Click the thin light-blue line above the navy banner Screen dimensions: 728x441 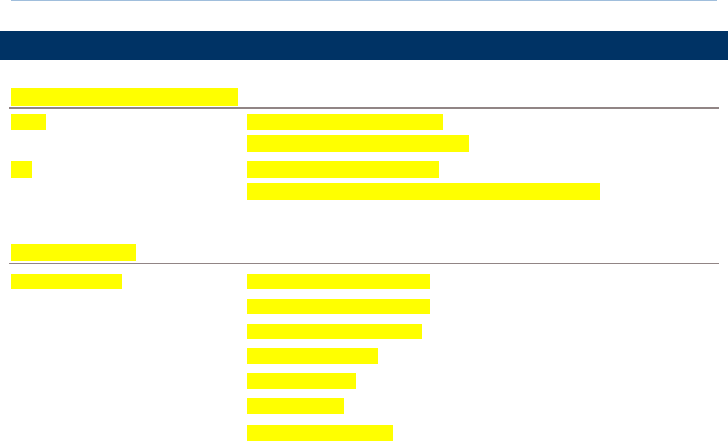[364, 2]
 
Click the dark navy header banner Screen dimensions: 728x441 [364, 45]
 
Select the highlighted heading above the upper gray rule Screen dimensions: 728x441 [124, 96]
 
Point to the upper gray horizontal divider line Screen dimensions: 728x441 [364, 108]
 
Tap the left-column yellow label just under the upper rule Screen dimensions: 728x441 [28, 121]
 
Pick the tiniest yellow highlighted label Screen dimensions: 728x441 [21, 170]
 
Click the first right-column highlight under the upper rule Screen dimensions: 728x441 [344, 121]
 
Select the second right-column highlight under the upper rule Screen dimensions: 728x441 [357, 143]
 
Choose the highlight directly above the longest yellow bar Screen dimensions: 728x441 [343, 170]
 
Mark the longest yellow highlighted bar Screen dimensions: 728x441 [423, 191]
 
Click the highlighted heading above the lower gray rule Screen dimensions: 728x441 [73, 252]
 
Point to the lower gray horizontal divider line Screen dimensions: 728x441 [364, 264]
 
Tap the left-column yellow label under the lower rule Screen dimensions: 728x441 [66, 281]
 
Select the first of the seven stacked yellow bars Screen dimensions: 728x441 [338, 282]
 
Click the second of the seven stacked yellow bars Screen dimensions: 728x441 [338, 306]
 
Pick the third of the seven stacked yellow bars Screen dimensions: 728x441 [334, 331]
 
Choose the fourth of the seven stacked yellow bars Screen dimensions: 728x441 [312, 355]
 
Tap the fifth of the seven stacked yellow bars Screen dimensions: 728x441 [301, 380]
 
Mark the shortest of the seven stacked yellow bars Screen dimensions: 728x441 [295, 405]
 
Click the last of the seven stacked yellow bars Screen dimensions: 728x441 [320, 433]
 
